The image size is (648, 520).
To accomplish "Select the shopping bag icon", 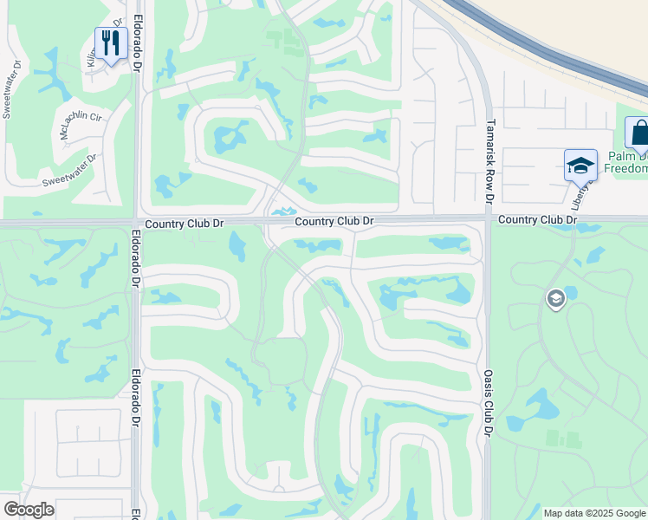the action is point(639,134).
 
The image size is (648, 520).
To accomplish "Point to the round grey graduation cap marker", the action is point(554,299).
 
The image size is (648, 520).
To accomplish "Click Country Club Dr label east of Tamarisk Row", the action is point(537,220).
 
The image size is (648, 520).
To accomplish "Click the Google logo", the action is point(28,510).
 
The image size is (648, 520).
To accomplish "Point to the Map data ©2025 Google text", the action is point(594,513).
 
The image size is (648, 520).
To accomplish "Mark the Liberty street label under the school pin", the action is point(580,196).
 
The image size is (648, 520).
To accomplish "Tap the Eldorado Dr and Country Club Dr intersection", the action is point(137,223).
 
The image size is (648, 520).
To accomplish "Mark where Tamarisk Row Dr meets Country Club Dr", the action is point(488,219).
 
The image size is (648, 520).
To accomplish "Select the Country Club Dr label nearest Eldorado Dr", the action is point(185,224).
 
